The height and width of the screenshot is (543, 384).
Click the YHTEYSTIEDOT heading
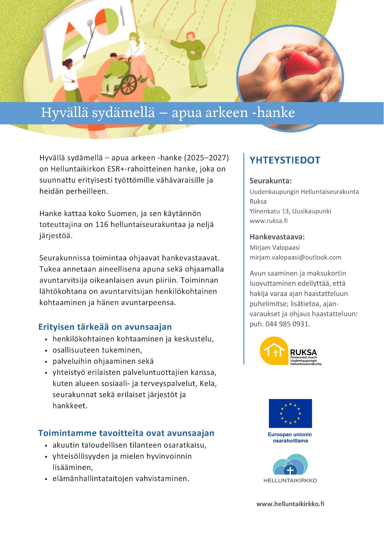tap(285, 160)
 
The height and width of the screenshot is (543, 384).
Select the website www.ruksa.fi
tap(269, 221)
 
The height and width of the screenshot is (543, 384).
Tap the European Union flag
tap(290, 413)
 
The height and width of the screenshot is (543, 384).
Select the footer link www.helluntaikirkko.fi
tap(290, 504)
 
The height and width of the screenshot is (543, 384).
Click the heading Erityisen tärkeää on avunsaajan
tap(105, 327)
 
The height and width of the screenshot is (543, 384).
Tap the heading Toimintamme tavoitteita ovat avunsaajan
tap(126, 433)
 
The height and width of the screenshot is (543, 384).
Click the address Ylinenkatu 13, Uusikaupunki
tap(290, 211)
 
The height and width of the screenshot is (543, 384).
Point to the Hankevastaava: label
tap(277, 237)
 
